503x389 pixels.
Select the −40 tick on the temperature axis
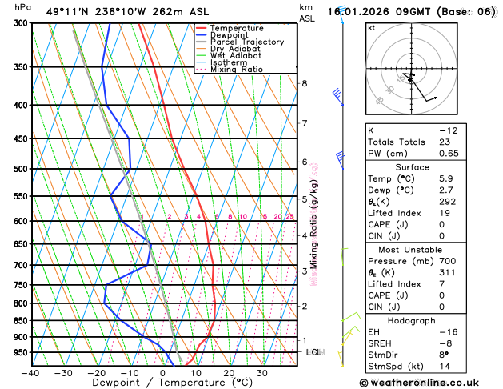(30, 373)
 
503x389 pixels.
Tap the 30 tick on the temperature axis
(261, 373)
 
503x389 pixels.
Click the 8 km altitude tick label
(304, 83)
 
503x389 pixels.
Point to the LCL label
(313, 352)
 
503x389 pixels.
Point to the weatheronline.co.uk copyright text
(429, 383)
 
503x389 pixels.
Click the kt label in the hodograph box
(371, 27)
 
